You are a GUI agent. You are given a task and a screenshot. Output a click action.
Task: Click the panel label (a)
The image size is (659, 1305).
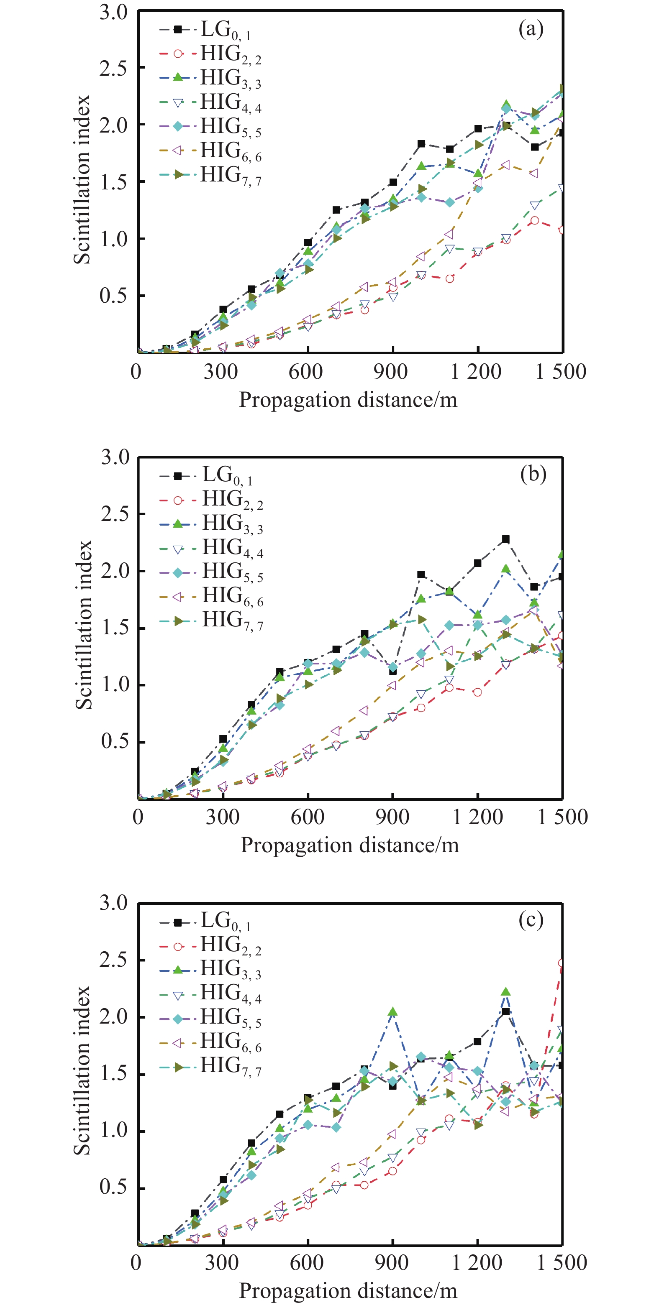[530, 29]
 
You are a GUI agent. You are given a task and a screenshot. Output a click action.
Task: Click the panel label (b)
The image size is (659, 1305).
[533, 474]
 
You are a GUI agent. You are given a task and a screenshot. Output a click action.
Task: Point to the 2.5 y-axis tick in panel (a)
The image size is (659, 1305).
[113, 68]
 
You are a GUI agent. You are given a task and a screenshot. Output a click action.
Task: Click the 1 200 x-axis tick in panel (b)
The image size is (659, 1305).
[477, 817]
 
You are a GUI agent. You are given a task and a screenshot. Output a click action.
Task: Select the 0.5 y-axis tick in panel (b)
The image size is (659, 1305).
[115, 742]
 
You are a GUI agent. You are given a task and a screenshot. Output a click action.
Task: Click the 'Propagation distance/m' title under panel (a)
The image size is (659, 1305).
[348, 400]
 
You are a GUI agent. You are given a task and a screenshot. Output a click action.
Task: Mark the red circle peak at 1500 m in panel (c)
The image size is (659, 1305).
[562, 963]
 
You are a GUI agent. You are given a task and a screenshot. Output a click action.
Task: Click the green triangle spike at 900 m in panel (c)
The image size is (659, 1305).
[392, 1012]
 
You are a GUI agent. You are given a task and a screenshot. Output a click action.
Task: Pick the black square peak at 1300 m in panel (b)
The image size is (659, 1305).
[505, 539]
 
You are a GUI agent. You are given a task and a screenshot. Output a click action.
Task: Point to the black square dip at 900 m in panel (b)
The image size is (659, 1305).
[393, 671]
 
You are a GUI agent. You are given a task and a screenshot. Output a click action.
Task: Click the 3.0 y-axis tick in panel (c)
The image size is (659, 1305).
[113, 903]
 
